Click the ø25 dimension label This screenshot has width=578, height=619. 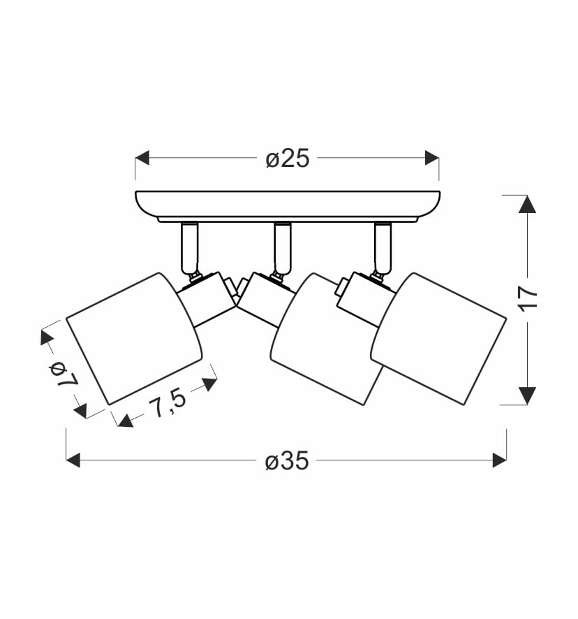point(288,159)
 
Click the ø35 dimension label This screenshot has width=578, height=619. point(287,460)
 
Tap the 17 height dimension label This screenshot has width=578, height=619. point(528,299)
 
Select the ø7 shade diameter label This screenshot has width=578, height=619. point(64,374)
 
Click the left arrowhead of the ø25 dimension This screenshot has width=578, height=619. point(142,157)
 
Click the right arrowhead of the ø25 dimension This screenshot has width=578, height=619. point(432,157)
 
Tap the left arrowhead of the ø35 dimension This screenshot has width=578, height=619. point(73,460)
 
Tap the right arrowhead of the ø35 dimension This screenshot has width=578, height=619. point(500,460)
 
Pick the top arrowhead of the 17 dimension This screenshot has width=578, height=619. point(527,204)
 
